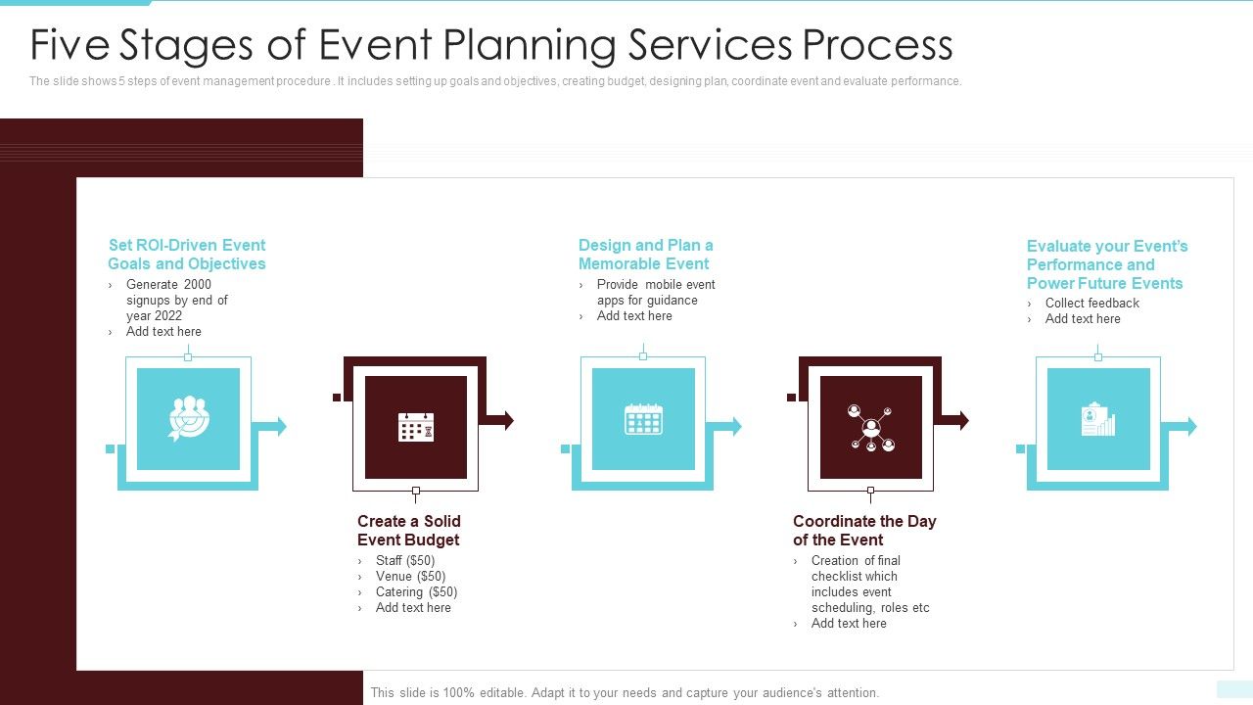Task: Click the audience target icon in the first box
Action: pos(188,419)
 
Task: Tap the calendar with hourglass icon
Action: pos(416,427)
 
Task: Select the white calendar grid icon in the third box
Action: pos(643,419)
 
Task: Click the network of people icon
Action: pos(870,428)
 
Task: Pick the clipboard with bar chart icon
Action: pos(1097,420)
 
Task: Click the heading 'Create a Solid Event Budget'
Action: pos(409,531)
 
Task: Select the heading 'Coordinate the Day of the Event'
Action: pos(864,531)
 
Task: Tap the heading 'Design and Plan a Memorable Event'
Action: pos(645,255)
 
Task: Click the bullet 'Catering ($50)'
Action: pos(416,592)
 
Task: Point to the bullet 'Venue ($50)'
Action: pos(410,577)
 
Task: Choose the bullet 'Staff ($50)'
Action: pos(405,561)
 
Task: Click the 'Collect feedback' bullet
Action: pos(1091,304)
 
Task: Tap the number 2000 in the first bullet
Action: pos(197,285)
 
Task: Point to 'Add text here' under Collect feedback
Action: pos(1083,319)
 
